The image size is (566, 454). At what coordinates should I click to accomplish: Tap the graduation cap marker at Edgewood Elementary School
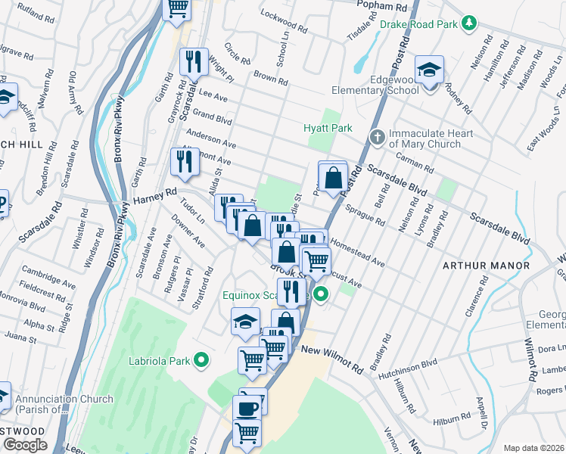pos(429,71)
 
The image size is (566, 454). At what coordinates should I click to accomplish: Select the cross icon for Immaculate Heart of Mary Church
pos(377,137)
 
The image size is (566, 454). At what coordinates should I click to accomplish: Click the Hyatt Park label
pos(328,128)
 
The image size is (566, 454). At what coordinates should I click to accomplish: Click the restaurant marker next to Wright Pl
pos(194,61)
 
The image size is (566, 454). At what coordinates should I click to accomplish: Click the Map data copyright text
pos(534,448)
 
